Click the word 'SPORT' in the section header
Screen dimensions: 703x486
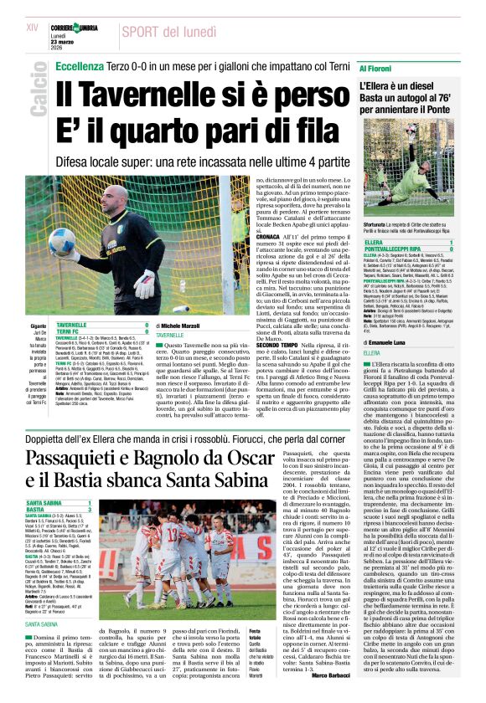click(x=143, y=32)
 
